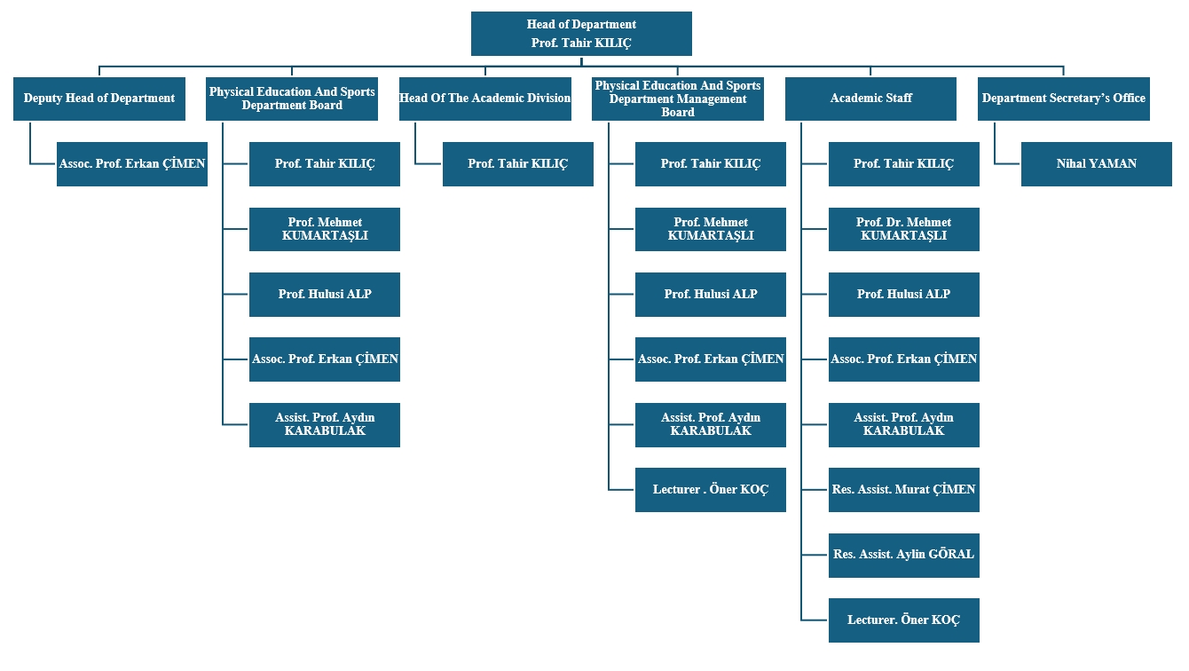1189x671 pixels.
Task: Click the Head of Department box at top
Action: pos(581,34)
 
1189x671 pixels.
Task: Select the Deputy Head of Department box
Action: pos(99,99)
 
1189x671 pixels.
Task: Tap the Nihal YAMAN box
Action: pos(1096,164)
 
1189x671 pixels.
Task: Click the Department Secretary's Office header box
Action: pos(1063,99)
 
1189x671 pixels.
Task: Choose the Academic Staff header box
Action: pos(870,99)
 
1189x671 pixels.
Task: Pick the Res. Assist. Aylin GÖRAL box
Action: pos(903,555)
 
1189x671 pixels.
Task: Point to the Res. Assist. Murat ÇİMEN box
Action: pos(903,490)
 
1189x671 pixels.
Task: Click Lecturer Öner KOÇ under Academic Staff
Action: pos(903,620)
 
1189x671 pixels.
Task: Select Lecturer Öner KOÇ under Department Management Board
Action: pos(710,490)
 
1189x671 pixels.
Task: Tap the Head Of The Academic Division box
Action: pos(484,99)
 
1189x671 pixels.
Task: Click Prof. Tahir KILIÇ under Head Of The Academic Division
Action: pos(517,164)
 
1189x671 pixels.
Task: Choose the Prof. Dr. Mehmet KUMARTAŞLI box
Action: pos(903,229)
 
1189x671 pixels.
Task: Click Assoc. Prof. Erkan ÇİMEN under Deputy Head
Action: pos(132,164)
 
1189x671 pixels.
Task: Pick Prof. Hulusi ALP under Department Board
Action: pos(324,295)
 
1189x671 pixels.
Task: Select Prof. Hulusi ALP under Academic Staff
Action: pos(903,295)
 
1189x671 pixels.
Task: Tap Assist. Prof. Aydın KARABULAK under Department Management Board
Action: pos(710,424)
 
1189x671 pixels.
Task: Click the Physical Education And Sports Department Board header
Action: pos(292,99)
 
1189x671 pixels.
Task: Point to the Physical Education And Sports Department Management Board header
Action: pos(678,99)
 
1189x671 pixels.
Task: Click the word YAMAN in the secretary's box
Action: pos(1114,164)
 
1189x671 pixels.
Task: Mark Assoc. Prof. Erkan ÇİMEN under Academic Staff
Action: pos(903,359)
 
